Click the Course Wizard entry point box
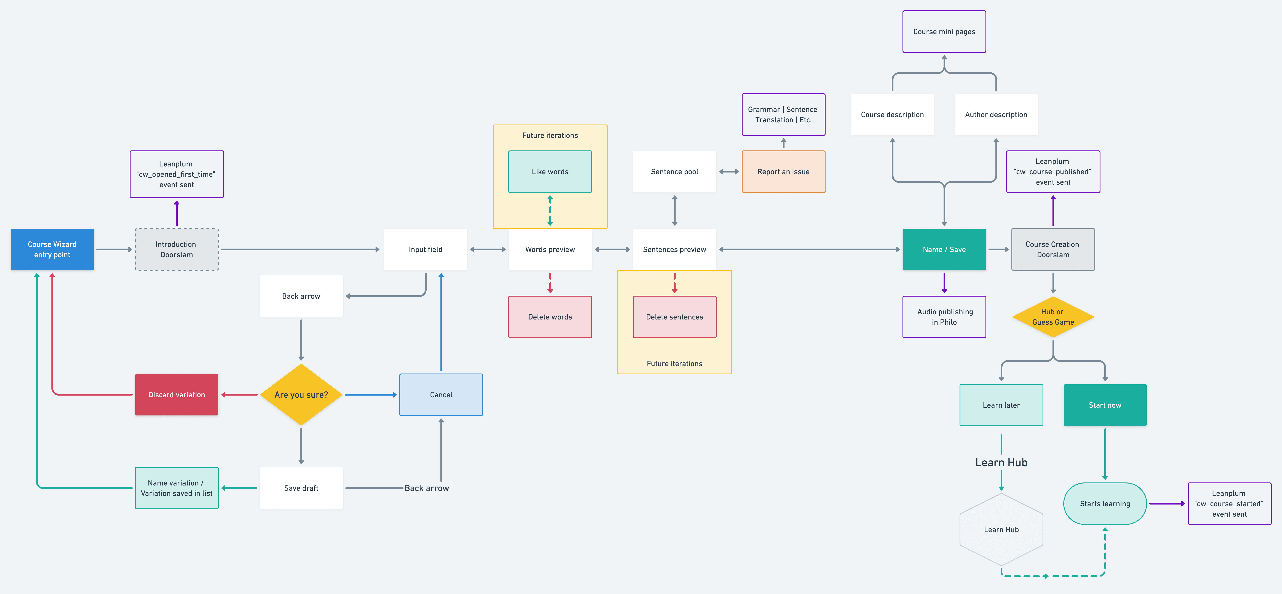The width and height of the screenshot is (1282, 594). (52, 249)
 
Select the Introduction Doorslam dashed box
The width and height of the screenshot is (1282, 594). (177, 249)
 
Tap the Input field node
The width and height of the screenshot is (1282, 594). (426, 249)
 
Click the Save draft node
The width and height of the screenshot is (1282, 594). (301, 488)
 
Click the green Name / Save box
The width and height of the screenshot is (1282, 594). (944, 249)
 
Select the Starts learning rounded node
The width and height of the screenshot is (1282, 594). (1105, 503)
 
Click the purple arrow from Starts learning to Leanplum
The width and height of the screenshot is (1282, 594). (1167, 503)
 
